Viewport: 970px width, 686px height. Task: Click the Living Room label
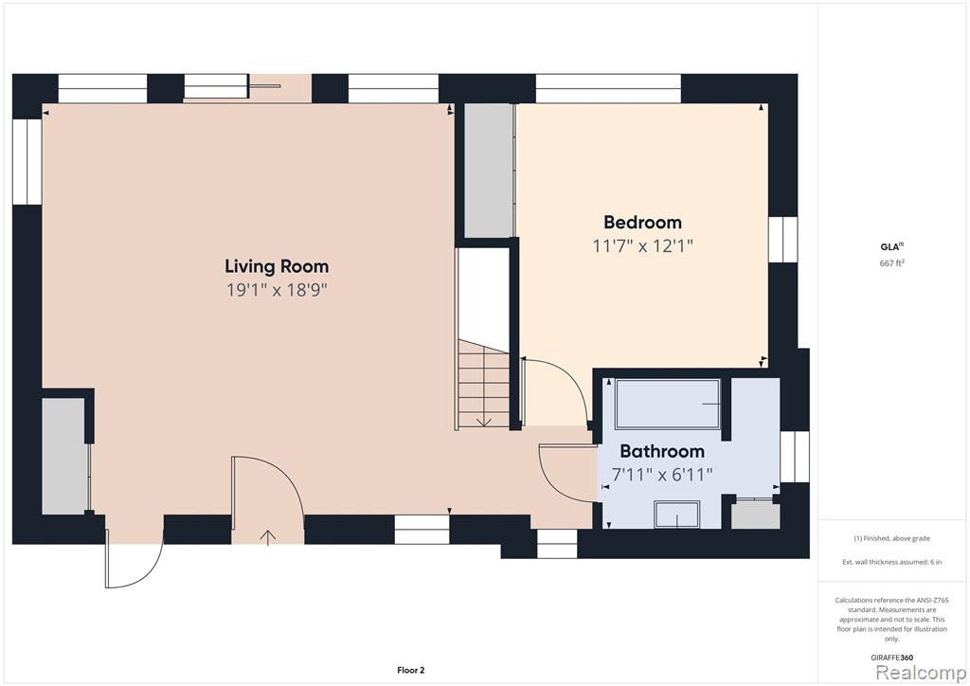(277, 266)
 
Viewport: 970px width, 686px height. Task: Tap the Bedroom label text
(643, 222)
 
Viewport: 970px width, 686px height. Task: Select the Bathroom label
(662, 451)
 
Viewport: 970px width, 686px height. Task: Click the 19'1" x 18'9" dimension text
(277, 290)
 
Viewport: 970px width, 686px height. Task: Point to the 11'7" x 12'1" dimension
(643, 246)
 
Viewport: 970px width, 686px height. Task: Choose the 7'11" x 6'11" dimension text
(662, 475)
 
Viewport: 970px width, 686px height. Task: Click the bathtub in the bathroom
(668, 404)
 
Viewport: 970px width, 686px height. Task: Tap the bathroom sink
(677, 514)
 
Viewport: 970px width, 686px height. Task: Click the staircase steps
(483, 384)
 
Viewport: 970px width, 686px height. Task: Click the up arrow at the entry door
(268, 537)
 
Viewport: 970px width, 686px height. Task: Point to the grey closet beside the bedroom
(489, 171)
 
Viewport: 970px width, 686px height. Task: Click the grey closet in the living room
(63, 455)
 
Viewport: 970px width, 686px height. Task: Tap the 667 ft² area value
(892, 262)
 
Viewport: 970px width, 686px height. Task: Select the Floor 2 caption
(411, 670)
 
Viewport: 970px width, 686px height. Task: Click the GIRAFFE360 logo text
(892, 658)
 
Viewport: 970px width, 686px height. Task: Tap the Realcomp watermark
(921, 673)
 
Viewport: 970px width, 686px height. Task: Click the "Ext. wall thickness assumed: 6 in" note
(892, 562)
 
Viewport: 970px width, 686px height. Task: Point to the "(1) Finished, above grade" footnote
(892, 538)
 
